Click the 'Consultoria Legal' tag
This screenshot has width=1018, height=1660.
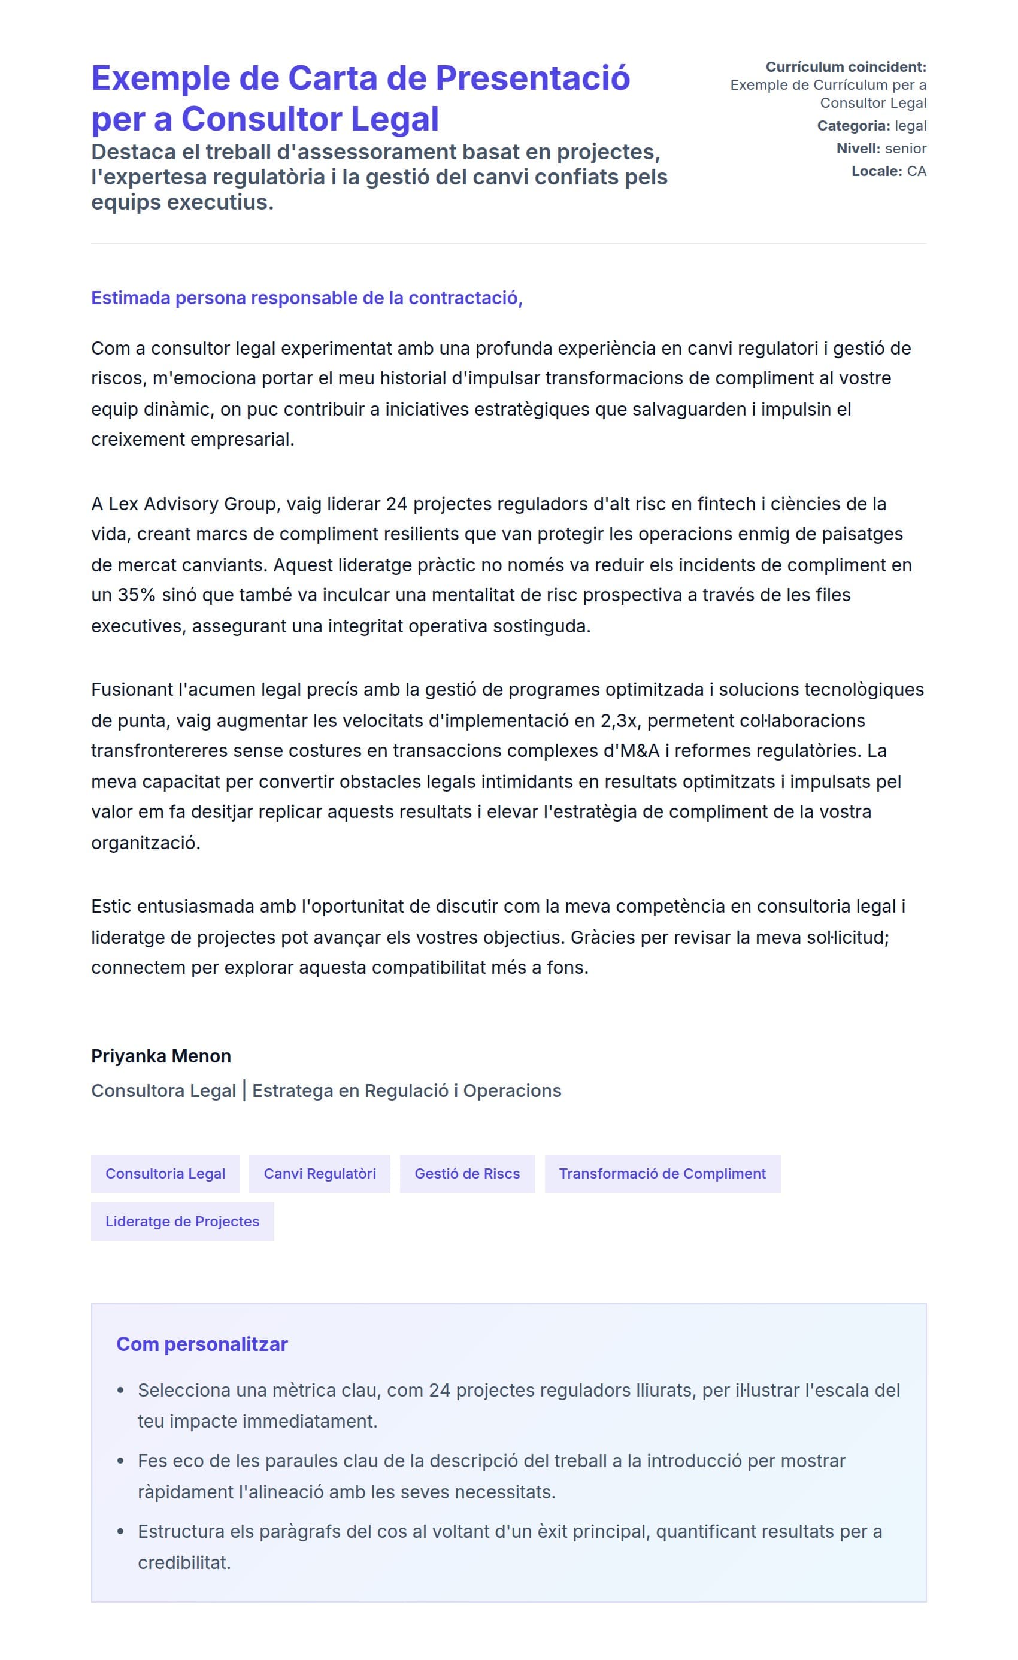(x=165, y=1174)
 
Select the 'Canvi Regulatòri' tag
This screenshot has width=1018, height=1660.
(x=319, y=1174)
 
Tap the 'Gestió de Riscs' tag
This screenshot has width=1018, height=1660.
(x=467, y=1174)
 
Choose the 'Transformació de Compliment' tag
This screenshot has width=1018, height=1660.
(x=662, y=1174)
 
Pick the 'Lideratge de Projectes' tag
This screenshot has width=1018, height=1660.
(x=182, y=1222)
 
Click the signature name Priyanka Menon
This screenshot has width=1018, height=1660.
(x=161, y=1056)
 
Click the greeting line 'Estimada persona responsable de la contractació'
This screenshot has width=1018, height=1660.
(x=307, y=298)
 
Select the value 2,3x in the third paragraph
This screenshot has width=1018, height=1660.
(x=618, y=720)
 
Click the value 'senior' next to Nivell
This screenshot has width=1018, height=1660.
(x=905, y=149)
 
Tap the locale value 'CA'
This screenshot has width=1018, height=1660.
(x=916, y=171)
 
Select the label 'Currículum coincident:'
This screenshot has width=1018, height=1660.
(x=846, y=66)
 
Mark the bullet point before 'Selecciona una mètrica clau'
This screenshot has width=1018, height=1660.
(x=120, y=1391)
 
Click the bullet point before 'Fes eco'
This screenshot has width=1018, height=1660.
(x=120, y=1461)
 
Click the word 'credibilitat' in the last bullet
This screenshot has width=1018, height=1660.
(x=183, y=1562)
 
